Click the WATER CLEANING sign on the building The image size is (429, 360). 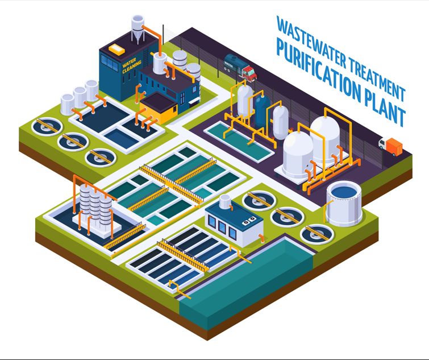pyautogui.click(x=132, y=67)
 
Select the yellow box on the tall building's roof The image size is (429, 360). pyautogui.click(x=117, y=49)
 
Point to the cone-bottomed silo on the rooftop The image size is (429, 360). pyautogui.click(x=138, y=28)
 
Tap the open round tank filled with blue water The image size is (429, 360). pyautogui.click(x=344, y=202)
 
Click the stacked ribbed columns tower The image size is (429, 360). pyautogui.click(x=96, y=208)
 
